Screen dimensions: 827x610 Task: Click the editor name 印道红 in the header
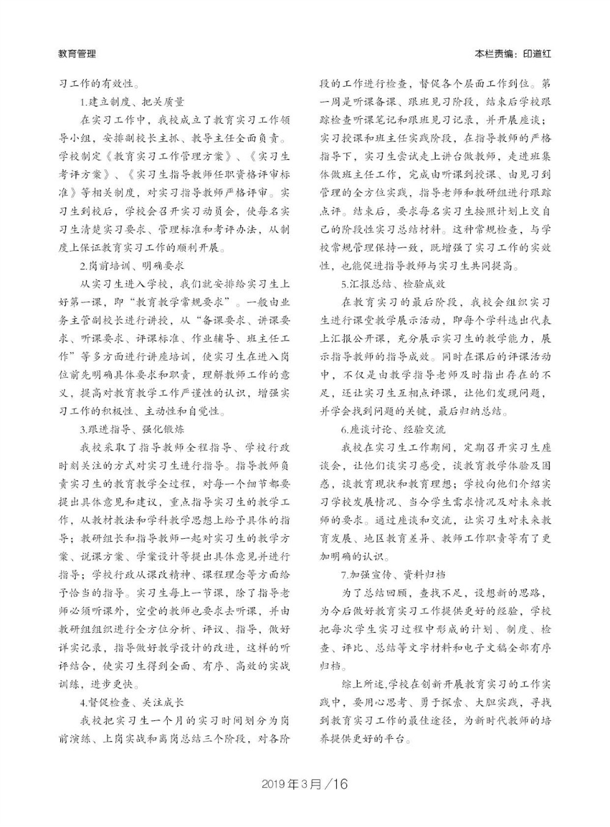point(537,54)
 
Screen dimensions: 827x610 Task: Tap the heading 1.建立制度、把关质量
point(132,102)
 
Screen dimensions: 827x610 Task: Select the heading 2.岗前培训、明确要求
point(132,266)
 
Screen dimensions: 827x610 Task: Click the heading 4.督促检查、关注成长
point(132,701)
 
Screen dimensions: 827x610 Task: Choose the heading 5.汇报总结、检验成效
point(393,284)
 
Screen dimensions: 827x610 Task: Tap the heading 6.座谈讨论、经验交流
point(393,430)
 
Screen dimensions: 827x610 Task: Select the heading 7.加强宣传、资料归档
point(393,575)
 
